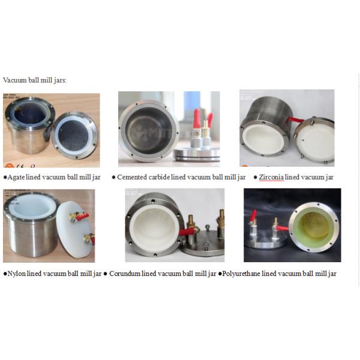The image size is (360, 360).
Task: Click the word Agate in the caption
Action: pyautogui.click(x=16, y=177)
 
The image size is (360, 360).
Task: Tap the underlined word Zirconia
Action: pyautogui.click(x=271, y=177)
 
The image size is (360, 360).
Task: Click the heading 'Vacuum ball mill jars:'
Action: pyautogui.click(x=35, y=80)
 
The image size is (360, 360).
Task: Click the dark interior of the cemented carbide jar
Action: pyautogui.click(x=149, y=130)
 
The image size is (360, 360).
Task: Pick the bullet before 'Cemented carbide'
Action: pyautogui.click(x=113, y=178)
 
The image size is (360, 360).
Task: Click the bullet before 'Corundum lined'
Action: pyautogui.click(x=106, y=274)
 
